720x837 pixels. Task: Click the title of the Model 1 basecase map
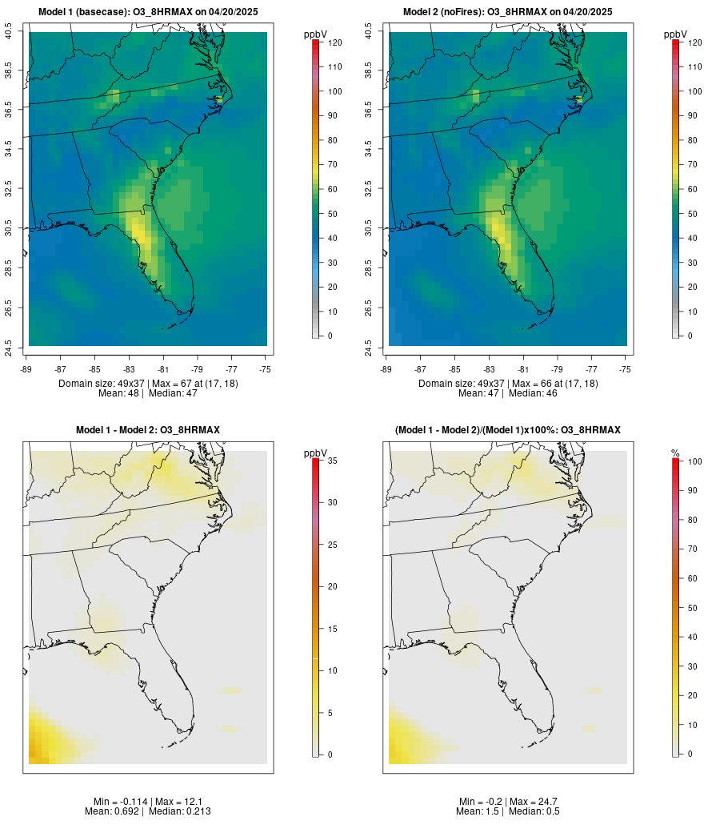(x=148, y=12)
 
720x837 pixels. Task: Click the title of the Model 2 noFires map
(x=508, y=12)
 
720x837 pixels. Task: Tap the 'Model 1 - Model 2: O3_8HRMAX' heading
(x=148, y=430)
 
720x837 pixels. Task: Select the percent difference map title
(x=508, y=430)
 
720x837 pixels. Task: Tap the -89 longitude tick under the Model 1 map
(x=29, y=369)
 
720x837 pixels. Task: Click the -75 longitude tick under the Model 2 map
(x=626, y=369)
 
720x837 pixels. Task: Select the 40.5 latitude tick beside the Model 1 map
(x=9, y=32)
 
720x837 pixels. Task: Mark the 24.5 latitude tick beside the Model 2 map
(x=369, y=346)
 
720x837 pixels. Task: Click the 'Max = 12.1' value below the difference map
(x=168, y=802)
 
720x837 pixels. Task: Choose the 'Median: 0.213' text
(x=170, y=811)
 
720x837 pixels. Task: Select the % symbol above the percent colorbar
(x=675, y=453)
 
